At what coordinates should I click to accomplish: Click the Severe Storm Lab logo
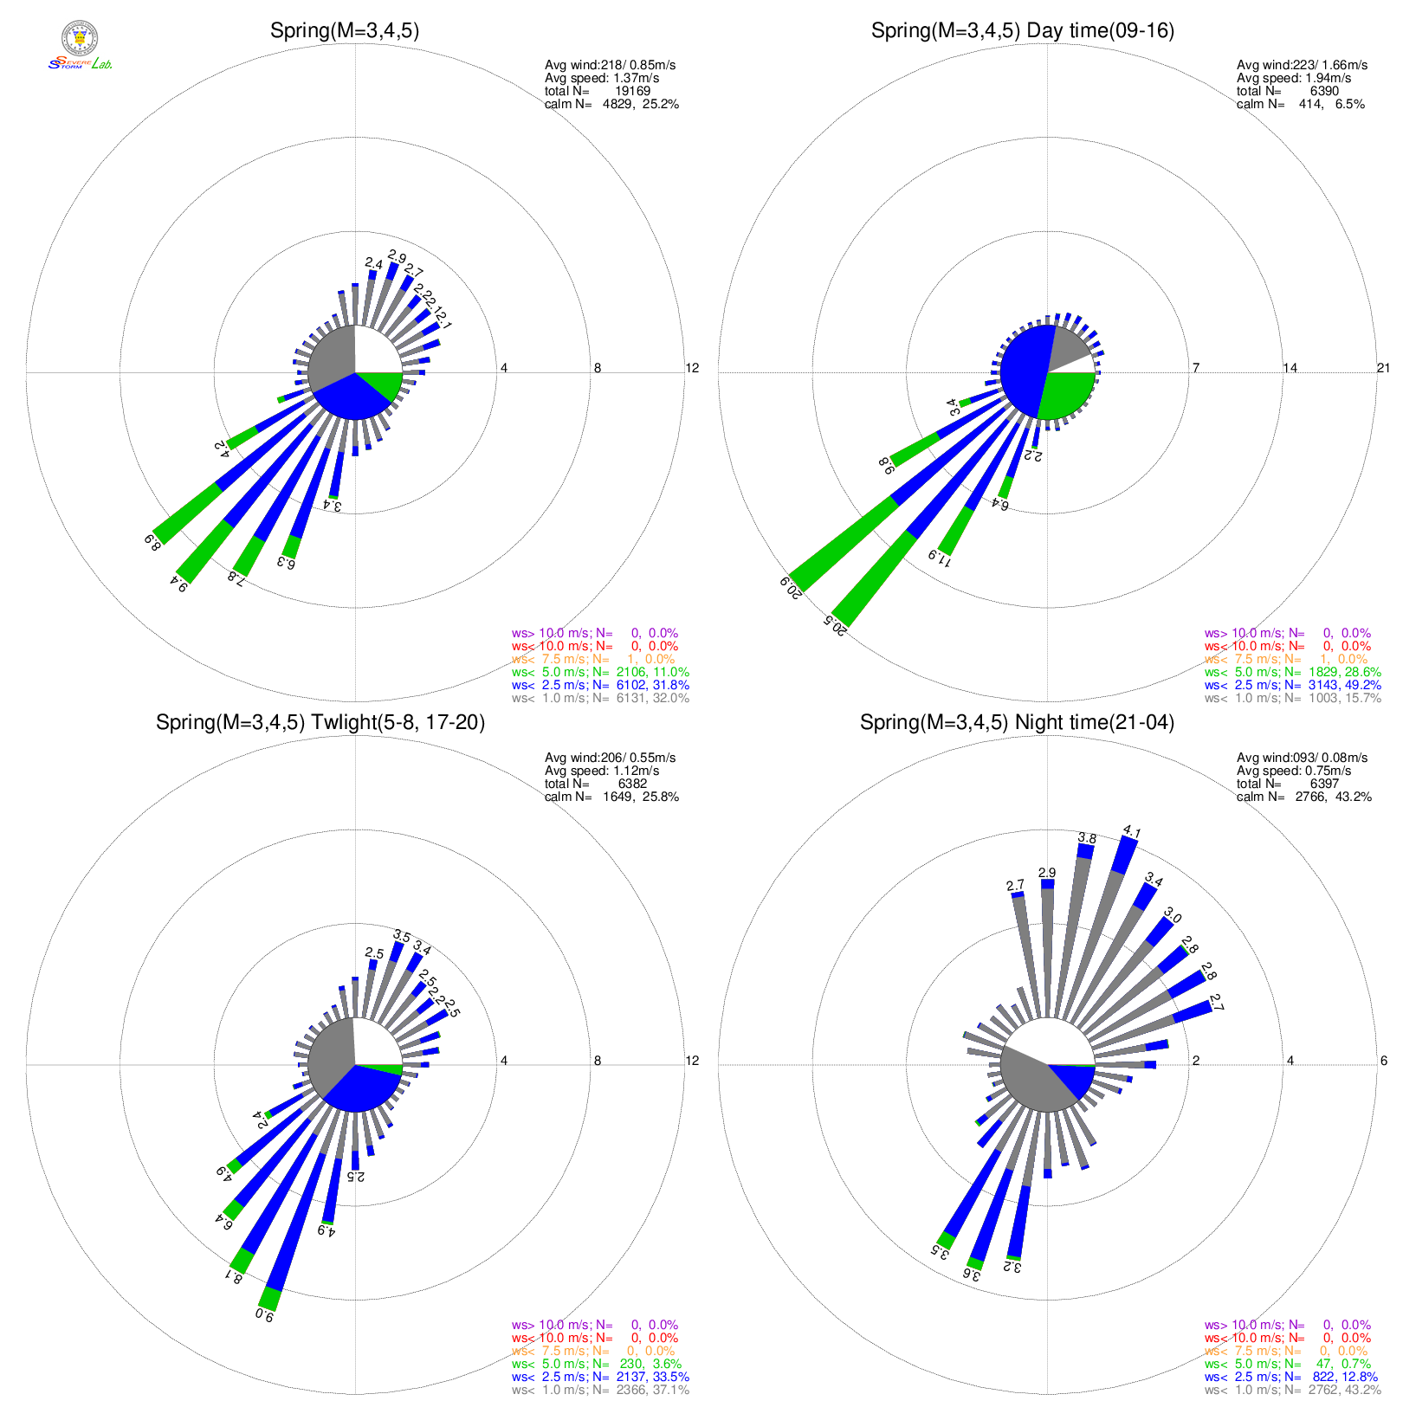point(80,47)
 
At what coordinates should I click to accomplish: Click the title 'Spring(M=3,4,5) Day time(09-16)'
point(1022,31)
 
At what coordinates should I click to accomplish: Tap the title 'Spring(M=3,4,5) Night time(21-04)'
point(1017,723)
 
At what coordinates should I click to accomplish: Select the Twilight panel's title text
point(320,723)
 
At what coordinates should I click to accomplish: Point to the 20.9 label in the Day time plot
point(790,588)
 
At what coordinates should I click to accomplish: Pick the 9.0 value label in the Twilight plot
point(265,1315)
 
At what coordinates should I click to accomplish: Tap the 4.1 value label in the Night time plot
point(1131,832)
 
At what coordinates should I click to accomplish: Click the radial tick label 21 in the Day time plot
point(1383,368)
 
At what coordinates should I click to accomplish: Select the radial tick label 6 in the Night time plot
point(1383,1061)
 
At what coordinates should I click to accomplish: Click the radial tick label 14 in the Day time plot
point(1290,368)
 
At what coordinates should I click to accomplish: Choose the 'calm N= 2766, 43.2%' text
point(1303,797)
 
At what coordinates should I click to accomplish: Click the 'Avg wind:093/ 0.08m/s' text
point(1302,758)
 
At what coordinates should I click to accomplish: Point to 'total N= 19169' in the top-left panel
point(597,91)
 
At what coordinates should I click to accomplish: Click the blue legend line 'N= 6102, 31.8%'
point(600,685)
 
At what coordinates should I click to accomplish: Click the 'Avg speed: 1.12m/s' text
point(601,771)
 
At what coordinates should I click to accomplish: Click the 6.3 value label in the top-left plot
point(286,563)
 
